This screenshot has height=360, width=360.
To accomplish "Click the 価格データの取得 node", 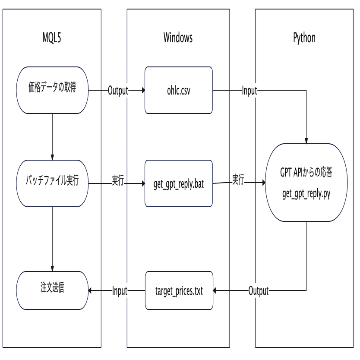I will pos(52,90).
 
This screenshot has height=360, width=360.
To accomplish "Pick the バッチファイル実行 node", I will pos(52,183).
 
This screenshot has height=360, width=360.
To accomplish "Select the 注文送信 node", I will pos(52,291).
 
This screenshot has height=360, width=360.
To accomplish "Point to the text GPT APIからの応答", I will pos(307,175).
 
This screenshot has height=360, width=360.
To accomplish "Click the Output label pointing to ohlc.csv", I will pos(118,90).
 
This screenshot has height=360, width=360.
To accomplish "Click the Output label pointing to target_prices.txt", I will pos(259,291).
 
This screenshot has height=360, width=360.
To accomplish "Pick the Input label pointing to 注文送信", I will pos(120,291).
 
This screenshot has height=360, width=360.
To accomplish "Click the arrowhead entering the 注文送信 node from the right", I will pos(91,291).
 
